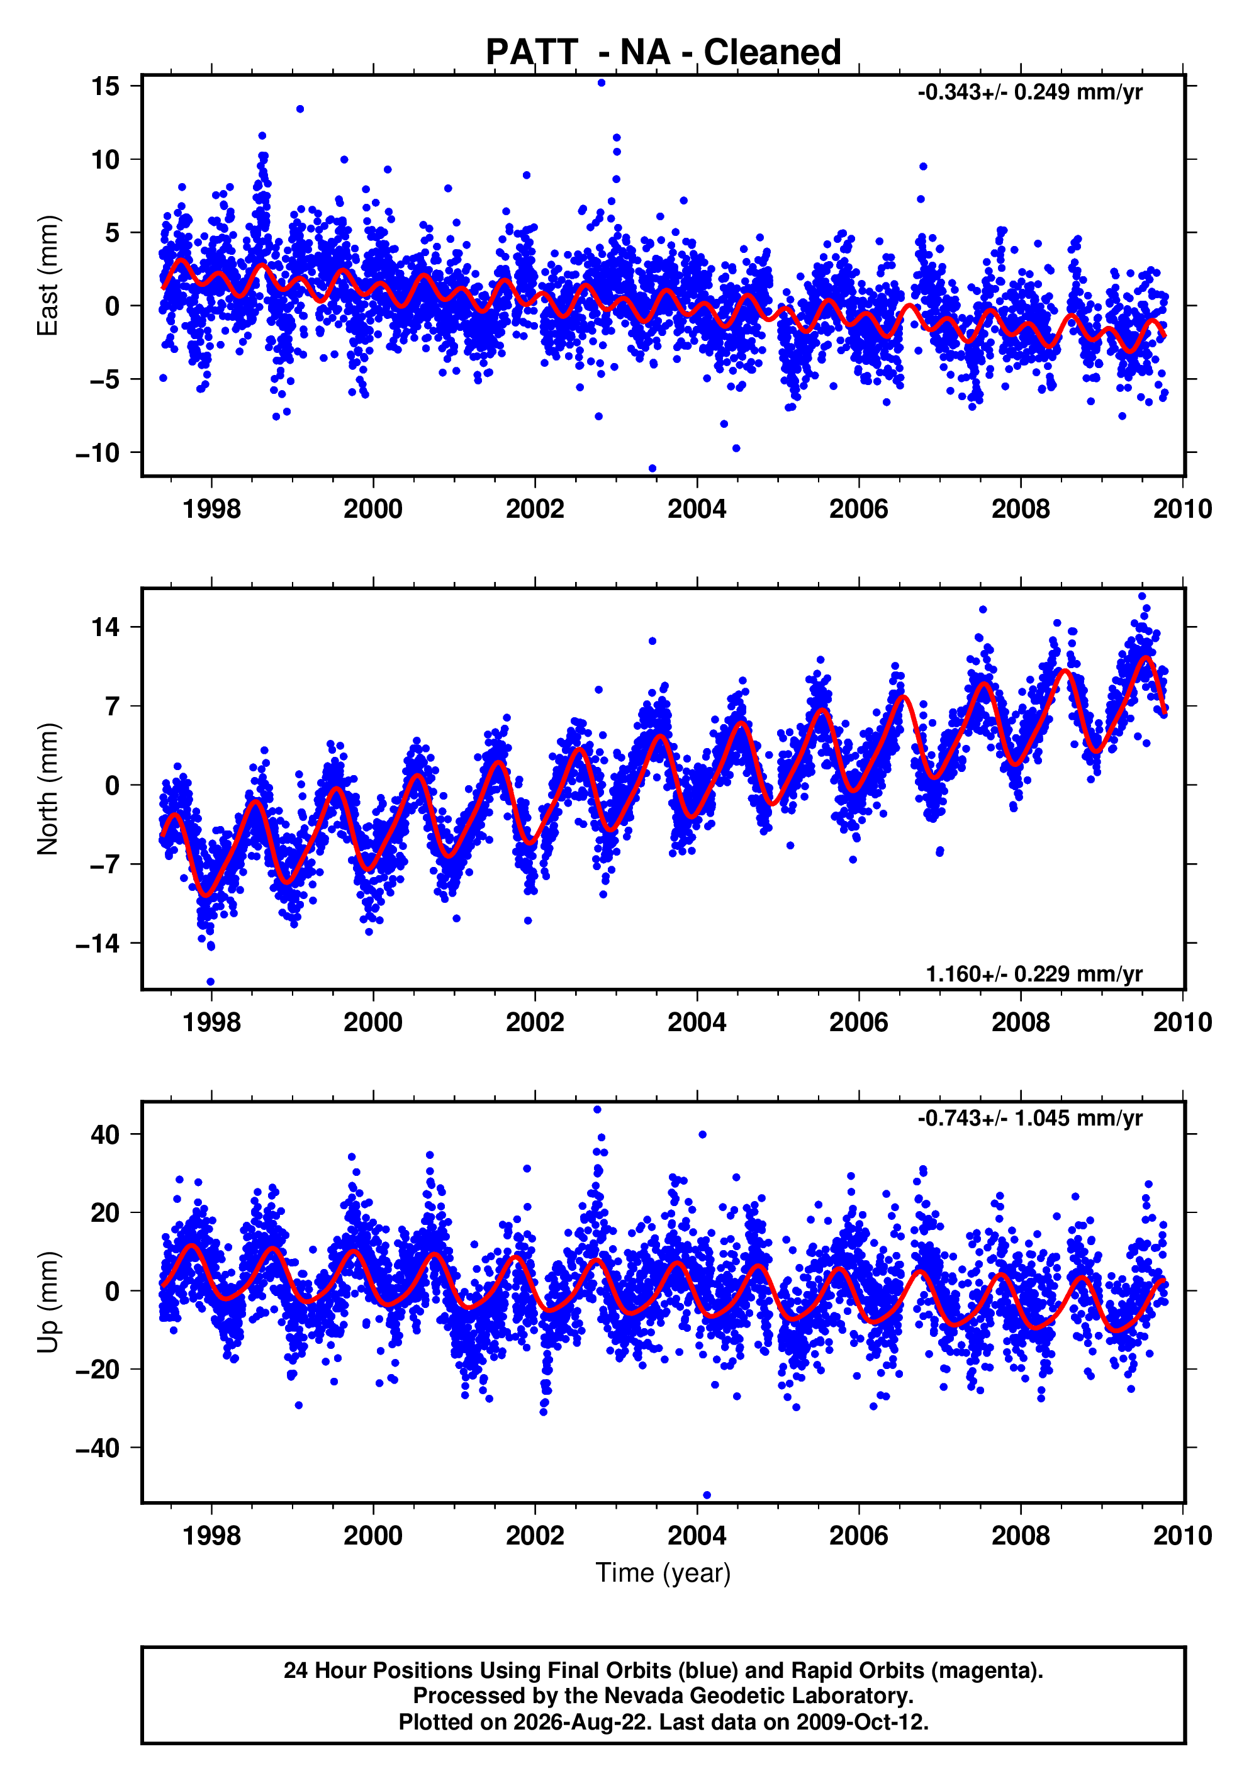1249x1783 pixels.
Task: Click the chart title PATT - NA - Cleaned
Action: coord(663,53)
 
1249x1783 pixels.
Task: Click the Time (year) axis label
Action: coord(663,1573)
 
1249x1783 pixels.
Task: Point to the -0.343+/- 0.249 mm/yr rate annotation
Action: coord(1030,92)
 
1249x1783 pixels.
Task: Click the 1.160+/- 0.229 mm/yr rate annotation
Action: coord(1034,974)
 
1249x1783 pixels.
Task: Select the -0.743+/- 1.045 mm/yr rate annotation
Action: coord(1030,1118)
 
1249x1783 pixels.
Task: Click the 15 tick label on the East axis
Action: coord(105,86)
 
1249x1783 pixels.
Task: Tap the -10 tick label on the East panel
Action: coord(98,453)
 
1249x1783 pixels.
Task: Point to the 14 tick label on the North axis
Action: coord(105,627)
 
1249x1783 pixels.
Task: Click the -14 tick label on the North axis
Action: coord(98,944)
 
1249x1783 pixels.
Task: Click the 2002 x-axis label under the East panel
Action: coord(535,510)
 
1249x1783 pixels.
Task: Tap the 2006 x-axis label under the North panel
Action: coord(859,1023)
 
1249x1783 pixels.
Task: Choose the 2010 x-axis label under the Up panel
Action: coord(1183,1536)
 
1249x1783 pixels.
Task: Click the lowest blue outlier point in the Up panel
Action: coord(707,1495)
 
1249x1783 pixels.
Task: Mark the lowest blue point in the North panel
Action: coord(211,982)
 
